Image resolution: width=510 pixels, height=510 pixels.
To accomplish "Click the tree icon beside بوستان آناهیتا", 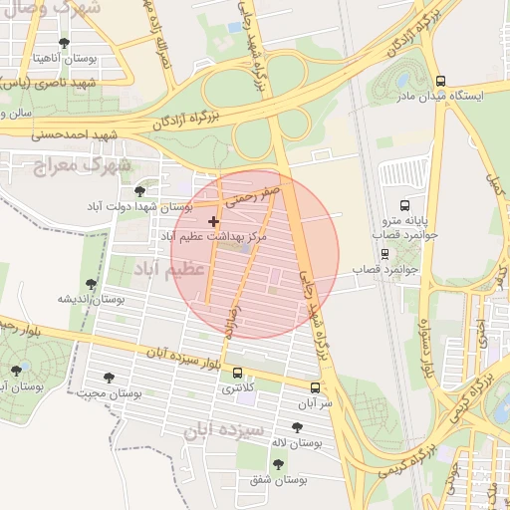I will pos(65,43).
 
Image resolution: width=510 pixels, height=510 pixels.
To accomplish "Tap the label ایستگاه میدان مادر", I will pos(440,97).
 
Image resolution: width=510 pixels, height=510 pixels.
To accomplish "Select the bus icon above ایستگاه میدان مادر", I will pos(440,81).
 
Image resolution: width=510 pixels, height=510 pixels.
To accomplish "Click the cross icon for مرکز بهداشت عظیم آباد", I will pos(213,220).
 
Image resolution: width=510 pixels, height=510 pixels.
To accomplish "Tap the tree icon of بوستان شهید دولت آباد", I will pos(138,189).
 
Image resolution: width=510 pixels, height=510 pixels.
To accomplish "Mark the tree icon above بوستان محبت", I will pos(109,378).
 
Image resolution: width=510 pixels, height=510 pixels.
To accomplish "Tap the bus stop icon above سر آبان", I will pos(316,387).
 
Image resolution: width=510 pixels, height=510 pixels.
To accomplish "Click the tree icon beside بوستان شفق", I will pos(278,464).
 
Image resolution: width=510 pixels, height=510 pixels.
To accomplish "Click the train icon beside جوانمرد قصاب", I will pos(385,254).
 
